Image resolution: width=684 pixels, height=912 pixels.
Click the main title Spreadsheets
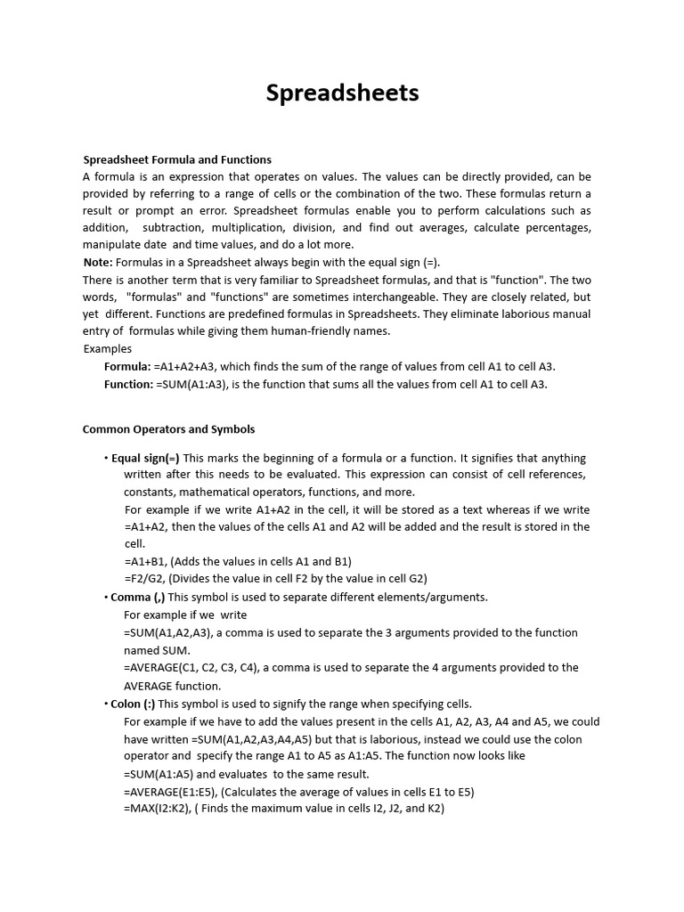342,94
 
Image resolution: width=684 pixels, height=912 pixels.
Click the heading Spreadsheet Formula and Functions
177,159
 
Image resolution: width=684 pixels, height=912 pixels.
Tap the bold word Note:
98,262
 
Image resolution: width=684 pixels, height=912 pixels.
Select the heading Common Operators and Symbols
168,428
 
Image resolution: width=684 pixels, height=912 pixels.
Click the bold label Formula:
127,366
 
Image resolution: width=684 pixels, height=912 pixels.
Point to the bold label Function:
129,384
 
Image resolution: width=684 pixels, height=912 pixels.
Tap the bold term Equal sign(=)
145,458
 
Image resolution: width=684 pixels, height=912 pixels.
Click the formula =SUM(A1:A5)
157,774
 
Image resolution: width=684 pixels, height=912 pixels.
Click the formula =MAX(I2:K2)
156,808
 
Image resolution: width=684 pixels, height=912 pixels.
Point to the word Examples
107,348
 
